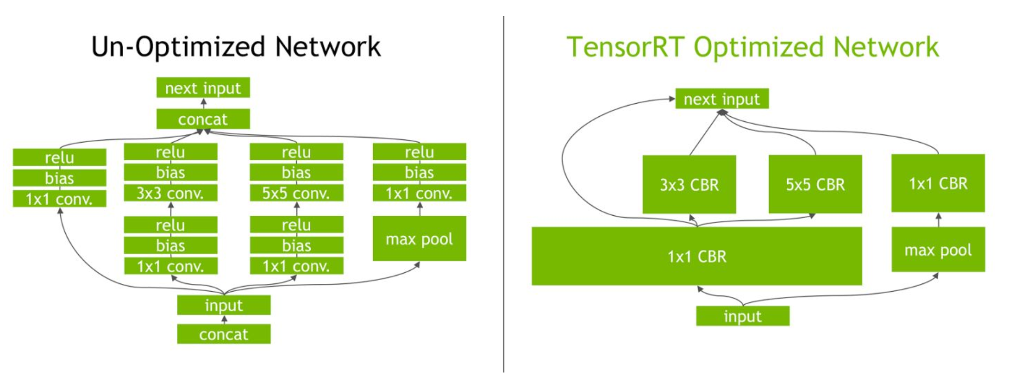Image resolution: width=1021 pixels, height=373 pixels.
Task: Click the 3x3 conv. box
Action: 170,193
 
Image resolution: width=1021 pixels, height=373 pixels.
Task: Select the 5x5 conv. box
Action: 296,193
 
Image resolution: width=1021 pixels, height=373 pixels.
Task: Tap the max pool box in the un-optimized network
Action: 419,239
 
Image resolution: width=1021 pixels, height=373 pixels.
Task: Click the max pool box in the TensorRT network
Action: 938,249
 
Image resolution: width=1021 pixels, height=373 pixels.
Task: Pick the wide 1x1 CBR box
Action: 697,256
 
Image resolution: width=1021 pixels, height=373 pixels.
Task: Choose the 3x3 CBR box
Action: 689,185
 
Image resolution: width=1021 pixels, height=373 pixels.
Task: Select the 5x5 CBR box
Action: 815,184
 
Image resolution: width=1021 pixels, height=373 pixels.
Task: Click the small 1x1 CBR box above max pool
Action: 938,183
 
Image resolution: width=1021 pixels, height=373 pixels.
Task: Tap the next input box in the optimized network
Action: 721,99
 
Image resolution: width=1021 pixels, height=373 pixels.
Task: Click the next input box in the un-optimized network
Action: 203,88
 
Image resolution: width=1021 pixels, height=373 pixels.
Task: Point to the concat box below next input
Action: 203,119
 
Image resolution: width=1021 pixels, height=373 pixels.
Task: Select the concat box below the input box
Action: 224,335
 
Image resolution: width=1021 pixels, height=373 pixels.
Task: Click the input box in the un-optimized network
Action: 224,305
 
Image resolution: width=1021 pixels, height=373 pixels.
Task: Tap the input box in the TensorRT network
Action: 742,317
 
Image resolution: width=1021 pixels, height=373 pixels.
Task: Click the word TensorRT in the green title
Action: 625,47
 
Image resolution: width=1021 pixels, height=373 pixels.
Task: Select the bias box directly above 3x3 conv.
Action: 170,172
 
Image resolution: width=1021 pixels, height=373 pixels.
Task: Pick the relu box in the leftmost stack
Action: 59,158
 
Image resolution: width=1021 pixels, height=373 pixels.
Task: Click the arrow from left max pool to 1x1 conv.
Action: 420,209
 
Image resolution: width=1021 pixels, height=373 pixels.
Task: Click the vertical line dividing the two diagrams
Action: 504,195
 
